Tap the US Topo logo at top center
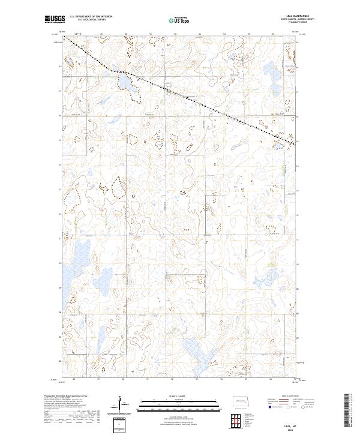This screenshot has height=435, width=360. click(x=180, y=21)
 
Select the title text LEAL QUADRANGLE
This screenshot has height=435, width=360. click(x=289, y=17)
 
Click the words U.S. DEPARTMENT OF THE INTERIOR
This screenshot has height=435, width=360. click(x=91, y=17)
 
